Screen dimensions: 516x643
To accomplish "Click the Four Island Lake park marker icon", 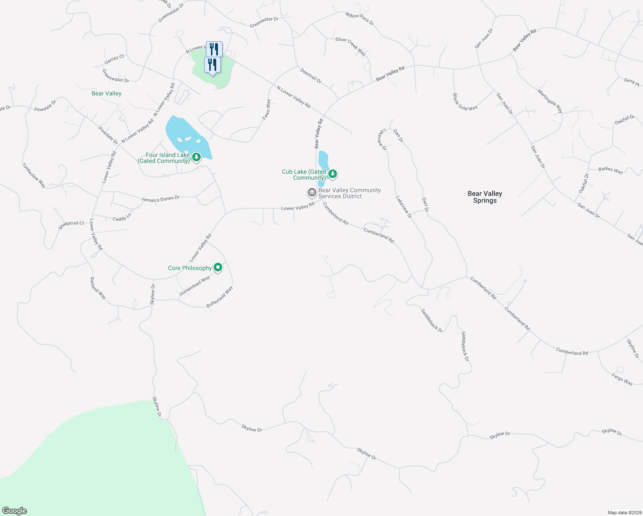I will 196,157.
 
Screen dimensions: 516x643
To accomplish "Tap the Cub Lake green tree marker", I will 332,174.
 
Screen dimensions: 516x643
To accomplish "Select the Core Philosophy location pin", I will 218,267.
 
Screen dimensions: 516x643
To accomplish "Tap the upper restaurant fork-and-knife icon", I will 214,49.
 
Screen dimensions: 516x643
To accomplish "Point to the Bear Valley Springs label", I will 485,197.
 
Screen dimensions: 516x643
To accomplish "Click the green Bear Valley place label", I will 107,93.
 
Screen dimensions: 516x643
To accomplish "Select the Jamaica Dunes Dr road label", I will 160,199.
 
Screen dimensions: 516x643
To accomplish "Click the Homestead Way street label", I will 195,286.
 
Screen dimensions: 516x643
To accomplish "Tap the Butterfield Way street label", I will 220,297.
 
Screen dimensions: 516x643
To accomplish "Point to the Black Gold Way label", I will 465,102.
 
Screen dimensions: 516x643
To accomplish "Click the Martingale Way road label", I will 550,101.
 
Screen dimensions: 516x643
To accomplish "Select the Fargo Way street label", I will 622,379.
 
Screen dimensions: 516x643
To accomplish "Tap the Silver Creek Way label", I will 350,46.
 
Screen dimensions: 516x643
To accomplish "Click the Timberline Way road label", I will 34,175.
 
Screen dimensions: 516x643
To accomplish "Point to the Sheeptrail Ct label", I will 71,224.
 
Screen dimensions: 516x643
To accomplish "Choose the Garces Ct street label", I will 114,59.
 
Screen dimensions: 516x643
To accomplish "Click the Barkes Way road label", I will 610,170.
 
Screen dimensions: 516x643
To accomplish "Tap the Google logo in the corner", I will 15,511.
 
